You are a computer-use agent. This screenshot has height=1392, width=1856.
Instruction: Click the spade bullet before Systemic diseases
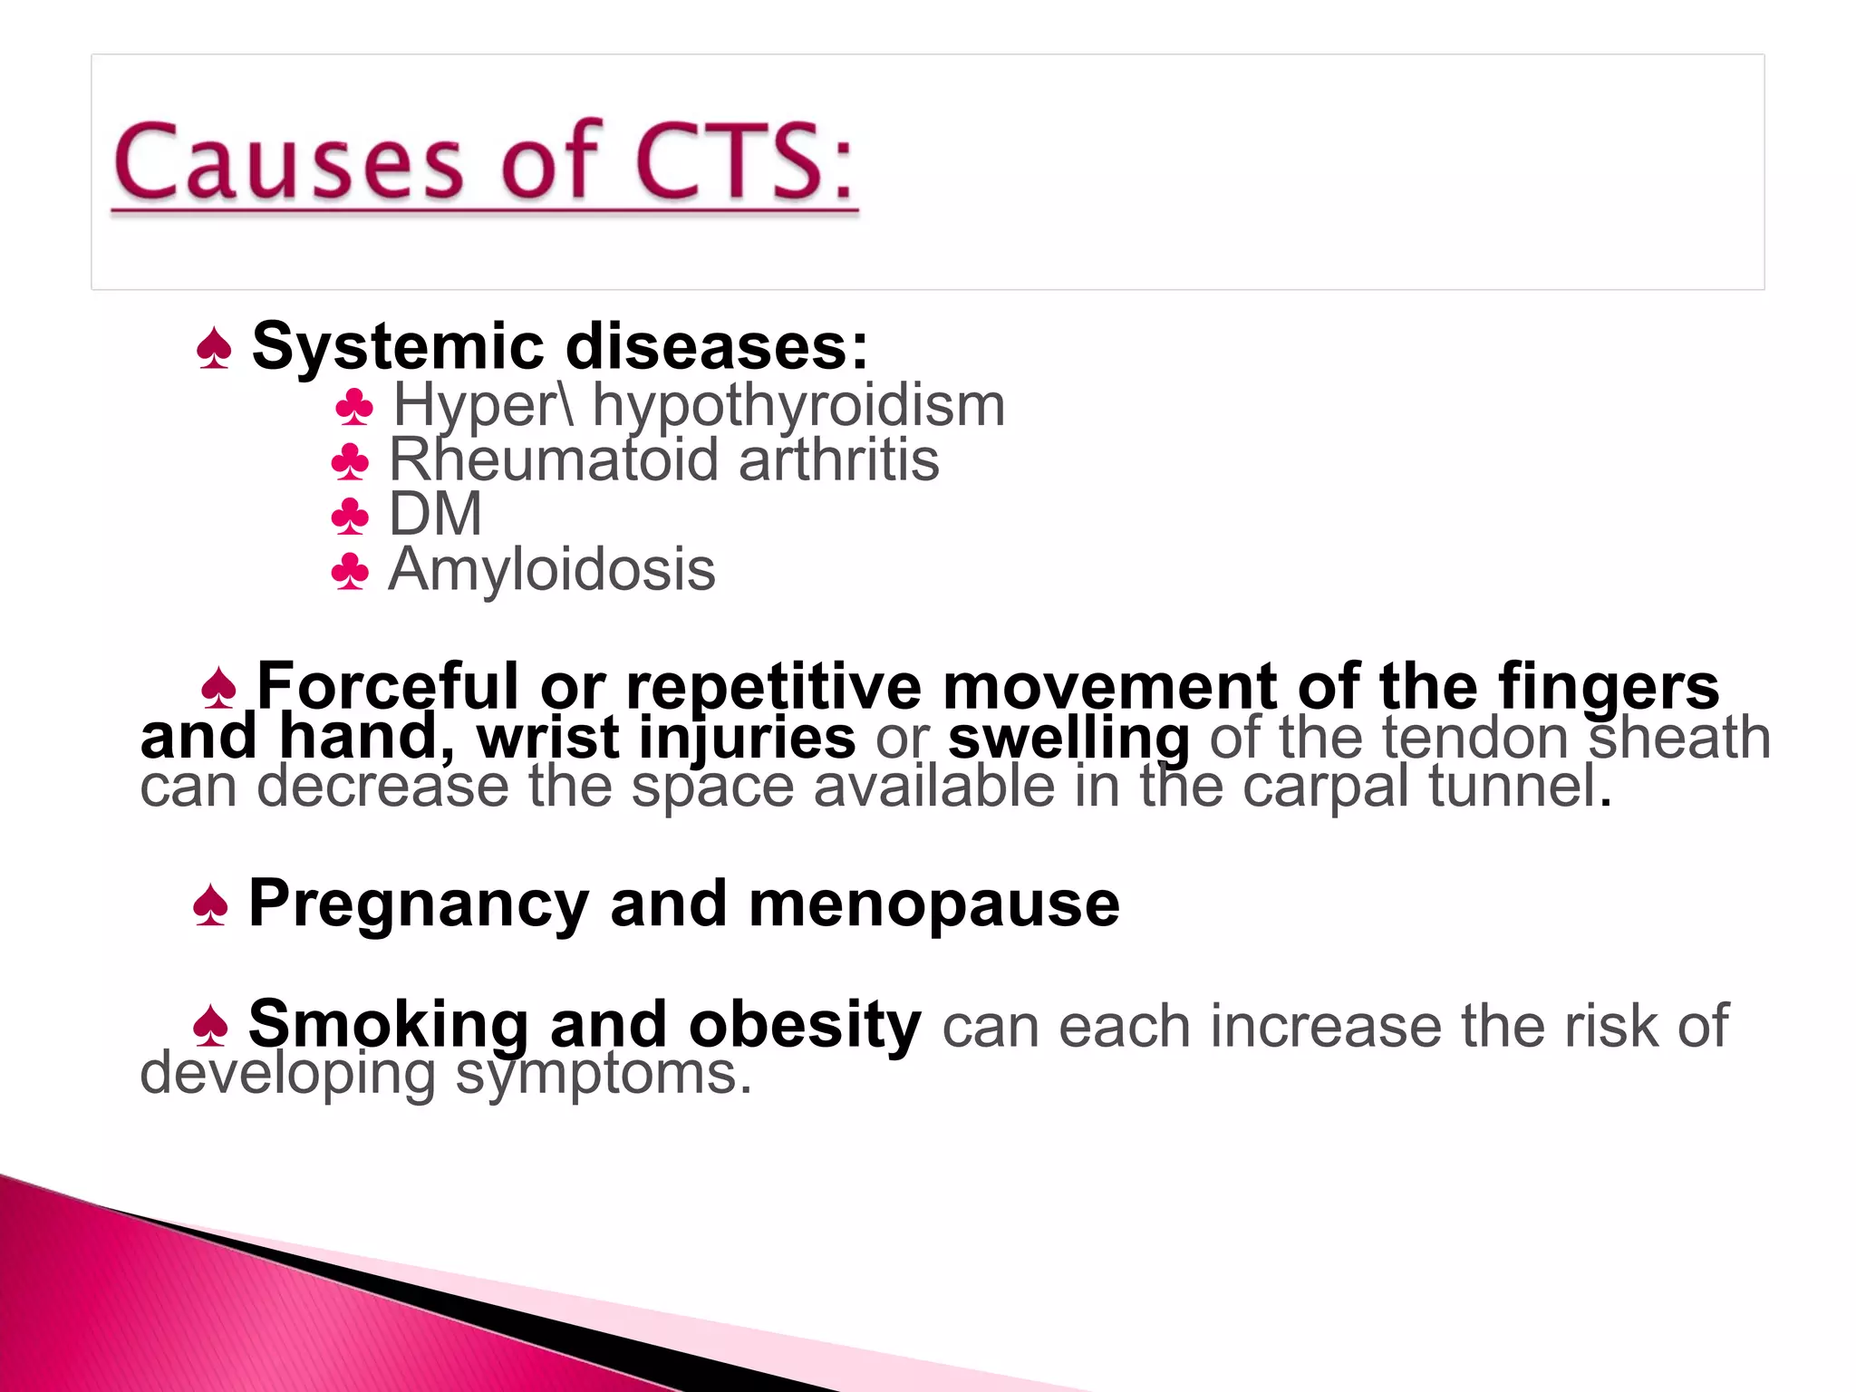click(x=214, y=349)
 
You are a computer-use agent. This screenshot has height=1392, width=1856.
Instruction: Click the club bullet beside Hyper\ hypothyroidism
click(x=354, y=408)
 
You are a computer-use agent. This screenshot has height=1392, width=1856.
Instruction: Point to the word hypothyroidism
click(x=798, y=406)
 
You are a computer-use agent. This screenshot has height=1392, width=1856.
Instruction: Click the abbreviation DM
click(x=435, y=514)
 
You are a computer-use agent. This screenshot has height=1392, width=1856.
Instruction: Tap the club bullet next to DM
click(x=351, y=517)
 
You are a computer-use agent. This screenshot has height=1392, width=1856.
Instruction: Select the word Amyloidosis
click(x=552, y=570)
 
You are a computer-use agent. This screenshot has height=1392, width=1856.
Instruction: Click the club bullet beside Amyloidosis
click(x=351, y=573)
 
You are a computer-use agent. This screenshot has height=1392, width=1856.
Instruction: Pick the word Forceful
click(x=388, y=686)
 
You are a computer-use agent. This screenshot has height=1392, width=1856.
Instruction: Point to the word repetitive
click(x=774, y=686)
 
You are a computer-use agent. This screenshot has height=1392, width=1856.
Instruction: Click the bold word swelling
click(x=1068, y=738)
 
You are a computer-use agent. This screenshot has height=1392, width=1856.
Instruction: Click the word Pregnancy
click(x=419, y=904)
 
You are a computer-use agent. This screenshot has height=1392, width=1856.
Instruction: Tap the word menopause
click(x=934, y=904)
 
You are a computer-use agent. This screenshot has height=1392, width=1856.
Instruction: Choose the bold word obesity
click(x=805, y=1024)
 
